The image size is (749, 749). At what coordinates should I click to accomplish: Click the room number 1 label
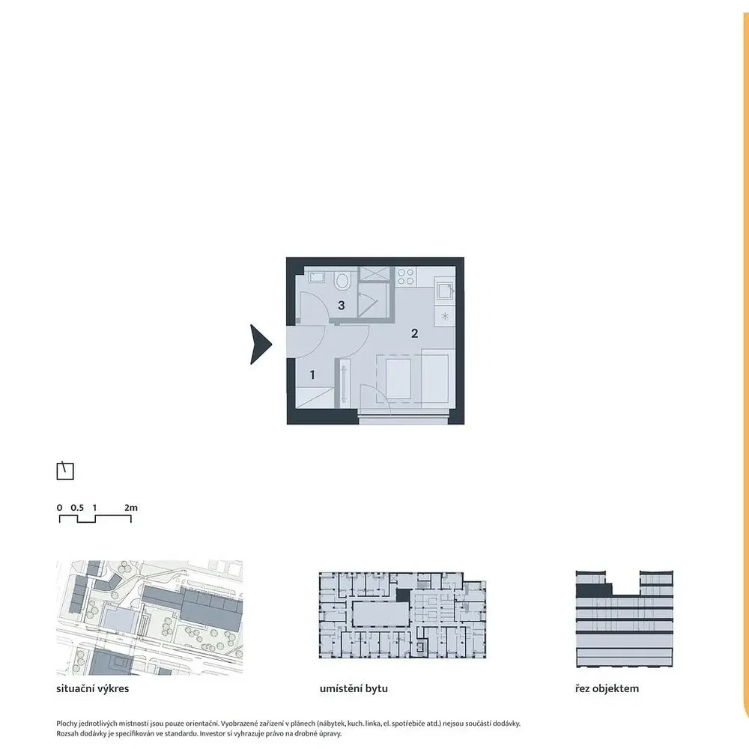pyautogui.click(x=312, y=375)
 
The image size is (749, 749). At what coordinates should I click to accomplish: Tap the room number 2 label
pyautogui.click(x=415, y=333)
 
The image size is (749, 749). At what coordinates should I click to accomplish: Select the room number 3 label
pyautogui.click(x=341, y=306)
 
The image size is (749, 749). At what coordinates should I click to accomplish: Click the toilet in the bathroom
pyautogui.click(x=342, y=280)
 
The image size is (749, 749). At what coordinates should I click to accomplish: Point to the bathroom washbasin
pyautogui.click(x=317, y=276)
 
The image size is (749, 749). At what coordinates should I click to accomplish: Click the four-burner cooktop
pyautogui.click(x=406, y=276)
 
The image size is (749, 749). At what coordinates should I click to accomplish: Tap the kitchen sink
pyautogui.click(x=444, y=290)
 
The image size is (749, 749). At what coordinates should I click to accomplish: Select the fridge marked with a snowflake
pyautogui.click(x=445, y=316)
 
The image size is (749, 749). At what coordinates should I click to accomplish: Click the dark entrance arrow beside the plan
pyautogui.click(x=261, y=345)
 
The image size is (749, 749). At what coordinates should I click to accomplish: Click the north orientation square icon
pyautogui.click(x=65, y=471)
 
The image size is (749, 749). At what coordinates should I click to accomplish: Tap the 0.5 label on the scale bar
pyautogui.click(x=77, y=508)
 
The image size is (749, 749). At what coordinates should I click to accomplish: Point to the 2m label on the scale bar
pyautogui.click(x=131, y=508)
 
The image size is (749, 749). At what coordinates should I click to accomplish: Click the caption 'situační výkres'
pyautogui.click(x=93, y=688)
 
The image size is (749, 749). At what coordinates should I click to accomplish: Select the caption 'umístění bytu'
pyautogui.click(x=354, y=688)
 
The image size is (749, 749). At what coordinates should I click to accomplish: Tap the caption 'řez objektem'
pyautogui.click(x=607, y=688)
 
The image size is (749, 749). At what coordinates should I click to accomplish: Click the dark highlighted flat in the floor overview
pyautogui.click(x=404, y=595)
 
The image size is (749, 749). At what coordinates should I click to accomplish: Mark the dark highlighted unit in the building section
pyautogui.click(x=594, y=589)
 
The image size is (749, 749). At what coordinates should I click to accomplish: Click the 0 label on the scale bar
pyautogui.click(x=59, y=508)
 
